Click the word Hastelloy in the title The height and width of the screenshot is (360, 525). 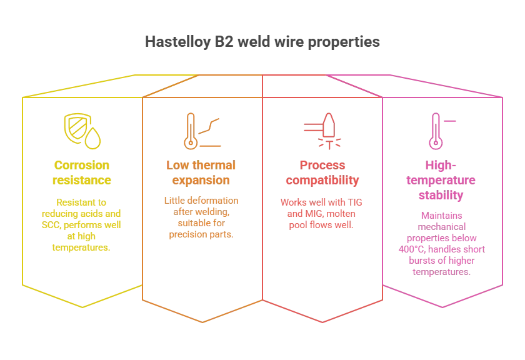click(x=177, y=42)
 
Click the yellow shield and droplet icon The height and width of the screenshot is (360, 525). click(x=82, y=131)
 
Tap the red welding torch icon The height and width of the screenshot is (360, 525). click(x=322, y=131)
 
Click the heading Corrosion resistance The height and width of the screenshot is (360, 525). click(x=82, y=172)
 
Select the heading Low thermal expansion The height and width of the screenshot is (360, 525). click(x=201, y=172)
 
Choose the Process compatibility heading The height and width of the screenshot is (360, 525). click(x=322, y=172)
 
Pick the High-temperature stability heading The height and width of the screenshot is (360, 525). click(x=441, y=180)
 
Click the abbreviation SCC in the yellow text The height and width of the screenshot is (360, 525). click(x=51, y=225)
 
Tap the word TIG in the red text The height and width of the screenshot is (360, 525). click(x=355, y=202)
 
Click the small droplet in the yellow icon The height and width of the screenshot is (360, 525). click(x=92, y=138)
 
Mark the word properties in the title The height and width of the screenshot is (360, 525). click(x=344, y=42)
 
